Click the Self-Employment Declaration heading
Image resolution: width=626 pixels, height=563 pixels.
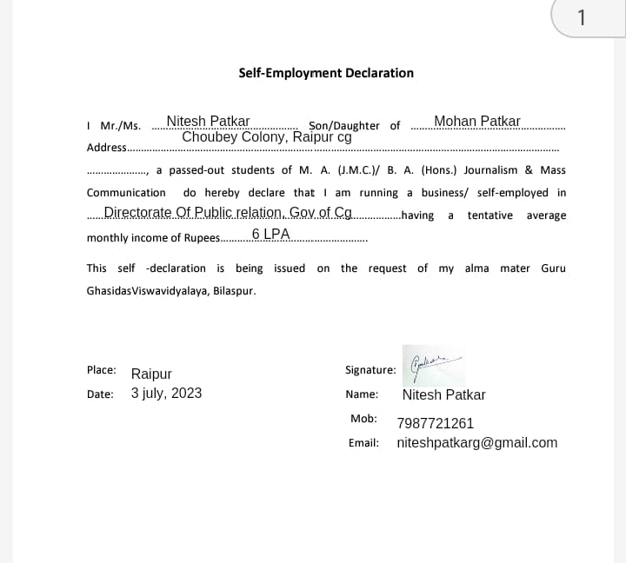click(x=326, y=73)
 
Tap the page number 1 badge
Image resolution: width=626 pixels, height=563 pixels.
click(x=582, y=17)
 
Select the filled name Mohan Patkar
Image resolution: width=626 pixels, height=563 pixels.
click(x=476, y=121)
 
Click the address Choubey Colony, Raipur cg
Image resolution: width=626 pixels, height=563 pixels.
click(x=266, y=136)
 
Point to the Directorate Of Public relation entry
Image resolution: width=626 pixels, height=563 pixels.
click(x=228, y=212)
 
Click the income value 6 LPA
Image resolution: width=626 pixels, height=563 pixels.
click(x=270, y=235)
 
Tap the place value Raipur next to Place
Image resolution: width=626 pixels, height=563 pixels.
click(x=151, y=374)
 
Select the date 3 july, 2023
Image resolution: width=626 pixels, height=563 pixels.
click(x=166, y=393)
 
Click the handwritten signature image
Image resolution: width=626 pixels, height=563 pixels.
click(x=433, y=365)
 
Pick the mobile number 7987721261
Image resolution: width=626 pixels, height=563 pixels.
click(x=435, y=423)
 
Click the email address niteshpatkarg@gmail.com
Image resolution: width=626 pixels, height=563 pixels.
click(x=476, y=442)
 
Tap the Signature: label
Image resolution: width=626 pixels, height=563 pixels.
click(x=370, y=370)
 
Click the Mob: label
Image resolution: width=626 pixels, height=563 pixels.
click(x=363, y=419)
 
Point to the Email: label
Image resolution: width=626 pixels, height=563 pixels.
click(x=363, y=442)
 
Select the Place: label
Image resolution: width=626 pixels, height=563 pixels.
click(x=102, y=369)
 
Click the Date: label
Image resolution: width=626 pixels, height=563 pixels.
click(x=100, y=394)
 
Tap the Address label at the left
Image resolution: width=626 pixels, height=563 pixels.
click(x=106, y=148)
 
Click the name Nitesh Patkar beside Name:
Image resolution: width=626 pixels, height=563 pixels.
click(x=443, y=394)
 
